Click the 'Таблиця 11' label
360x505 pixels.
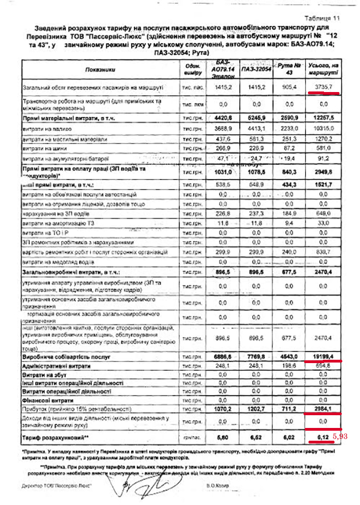tap(322, 18)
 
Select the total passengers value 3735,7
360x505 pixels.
tap(323, 87)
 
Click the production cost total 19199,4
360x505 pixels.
tap(323, 358)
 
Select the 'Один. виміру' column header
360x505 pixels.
tap(192, 69)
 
